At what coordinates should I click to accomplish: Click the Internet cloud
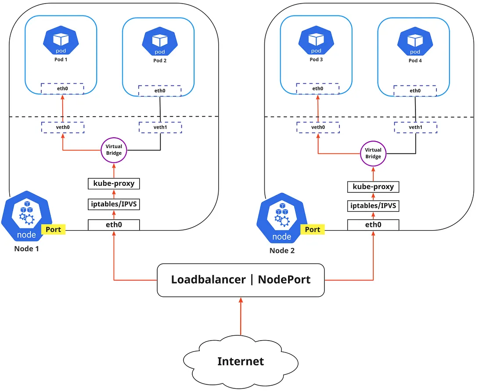241,361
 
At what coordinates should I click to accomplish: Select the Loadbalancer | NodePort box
241,280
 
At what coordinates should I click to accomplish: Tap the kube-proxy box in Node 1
114,184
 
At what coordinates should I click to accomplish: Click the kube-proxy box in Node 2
373,187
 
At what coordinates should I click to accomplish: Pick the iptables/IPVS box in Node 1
114,204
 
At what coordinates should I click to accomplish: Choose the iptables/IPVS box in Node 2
373,206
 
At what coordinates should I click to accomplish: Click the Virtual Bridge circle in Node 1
114,150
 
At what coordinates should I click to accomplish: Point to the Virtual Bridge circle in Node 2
373,153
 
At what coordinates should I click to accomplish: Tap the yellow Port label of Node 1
53,229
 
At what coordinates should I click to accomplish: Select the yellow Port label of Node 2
313,229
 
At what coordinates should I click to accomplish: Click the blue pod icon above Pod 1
61,40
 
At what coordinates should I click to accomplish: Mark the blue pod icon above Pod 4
415,41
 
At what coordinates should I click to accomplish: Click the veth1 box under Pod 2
160,127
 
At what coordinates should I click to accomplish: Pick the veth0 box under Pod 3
318,127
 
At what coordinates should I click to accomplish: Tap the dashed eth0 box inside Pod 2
159,91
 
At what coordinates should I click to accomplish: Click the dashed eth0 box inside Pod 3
317,89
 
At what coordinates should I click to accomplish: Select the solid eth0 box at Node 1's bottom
114,225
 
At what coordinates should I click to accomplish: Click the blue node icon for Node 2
282,218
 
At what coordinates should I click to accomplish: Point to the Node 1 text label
26,249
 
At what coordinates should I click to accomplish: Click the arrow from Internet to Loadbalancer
241,316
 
